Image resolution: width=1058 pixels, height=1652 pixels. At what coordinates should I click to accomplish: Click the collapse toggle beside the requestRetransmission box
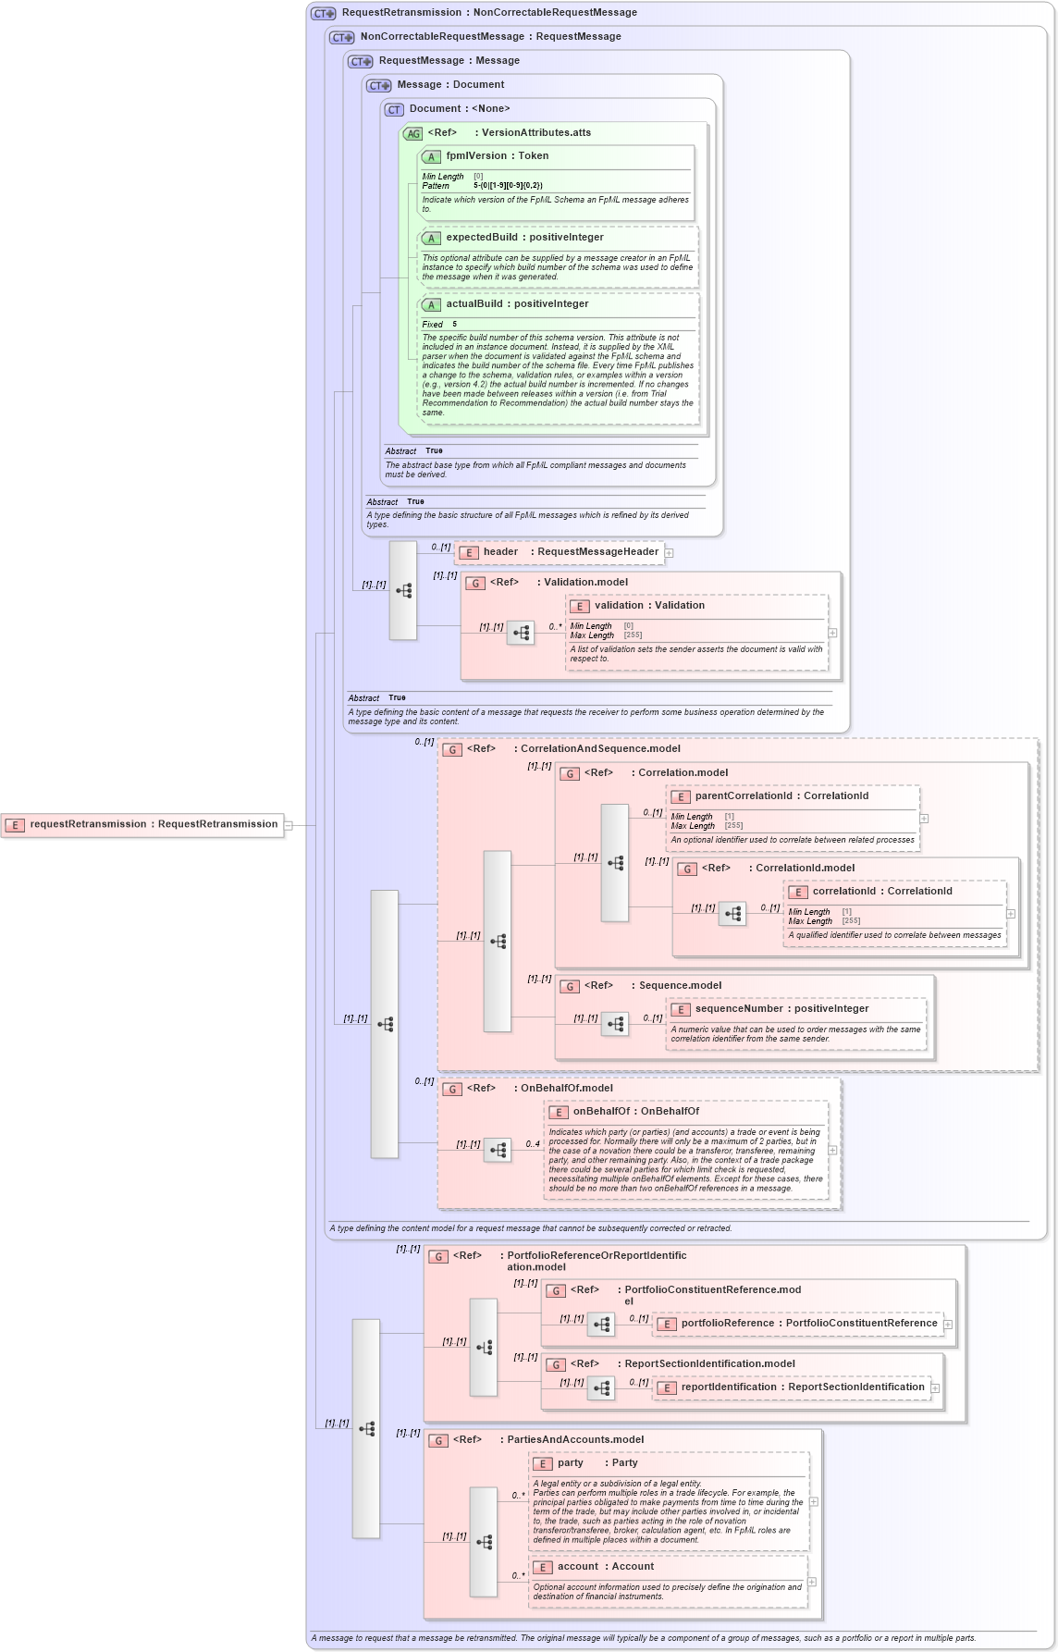(289, 825)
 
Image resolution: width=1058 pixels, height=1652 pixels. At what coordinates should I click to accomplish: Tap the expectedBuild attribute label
(523, 238)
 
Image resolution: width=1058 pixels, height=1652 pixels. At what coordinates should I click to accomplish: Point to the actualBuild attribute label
(516, 304)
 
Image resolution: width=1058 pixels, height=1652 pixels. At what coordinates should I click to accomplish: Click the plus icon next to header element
(669, 553)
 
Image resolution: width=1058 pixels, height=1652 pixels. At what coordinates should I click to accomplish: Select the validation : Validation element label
(648, 606)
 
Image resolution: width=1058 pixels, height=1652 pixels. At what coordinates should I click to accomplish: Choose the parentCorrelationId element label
(781, 796)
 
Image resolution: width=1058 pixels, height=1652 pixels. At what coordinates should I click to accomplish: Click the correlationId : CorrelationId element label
(881, 892)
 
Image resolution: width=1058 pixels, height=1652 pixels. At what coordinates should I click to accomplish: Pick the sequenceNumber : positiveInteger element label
(793, 1009)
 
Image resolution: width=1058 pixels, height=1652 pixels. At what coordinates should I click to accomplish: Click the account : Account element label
(605, 1567)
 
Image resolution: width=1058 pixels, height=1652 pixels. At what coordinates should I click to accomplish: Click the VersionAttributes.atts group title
(535, 133)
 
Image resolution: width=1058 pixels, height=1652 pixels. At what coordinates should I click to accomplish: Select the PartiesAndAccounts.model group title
(574, 1440)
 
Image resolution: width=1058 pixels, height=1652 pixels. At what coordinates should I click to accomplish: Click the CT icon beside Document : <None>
(394, 109)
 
